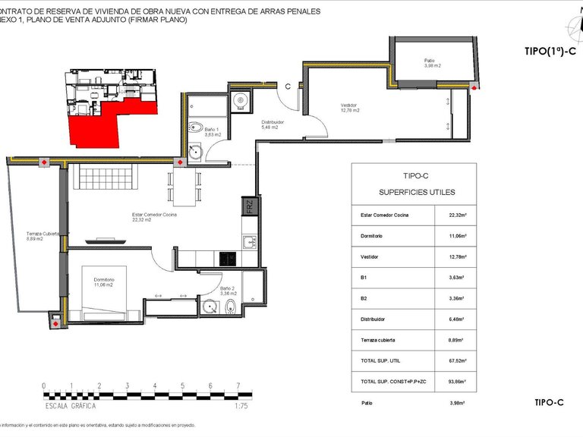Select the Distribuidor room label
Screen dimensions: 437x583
[273, 124]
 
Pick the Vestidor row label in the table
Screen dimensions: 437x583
[370, 257]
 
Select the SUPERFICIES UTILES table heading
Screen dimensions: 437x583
[414, 192]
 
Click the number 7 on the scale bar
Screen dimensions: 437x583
[238, 386]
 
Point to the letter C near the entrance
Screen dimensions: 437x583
[288, 86]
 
